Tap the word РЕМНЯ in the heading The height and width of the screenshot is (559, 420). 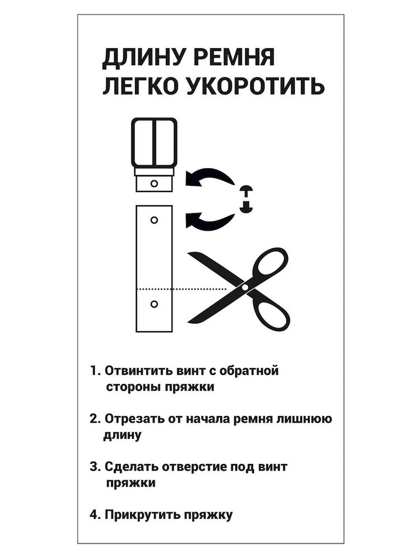(234, 58)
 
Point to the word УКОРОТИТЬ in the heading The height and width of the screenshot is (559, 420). (256, 86)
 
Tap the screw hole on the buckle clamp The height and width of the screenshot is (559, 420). (154, 183)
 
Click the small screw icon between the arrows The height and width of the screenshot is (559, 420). (246, 199)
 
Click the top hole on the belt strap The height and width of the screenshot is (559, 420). (154, 220)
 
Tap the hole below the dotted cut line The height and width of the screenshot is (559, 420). (154, 304)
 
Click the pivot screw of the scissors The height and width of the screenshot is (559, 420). (245, 287)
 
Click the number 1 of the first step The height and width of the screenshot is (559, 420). (94, 371)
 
